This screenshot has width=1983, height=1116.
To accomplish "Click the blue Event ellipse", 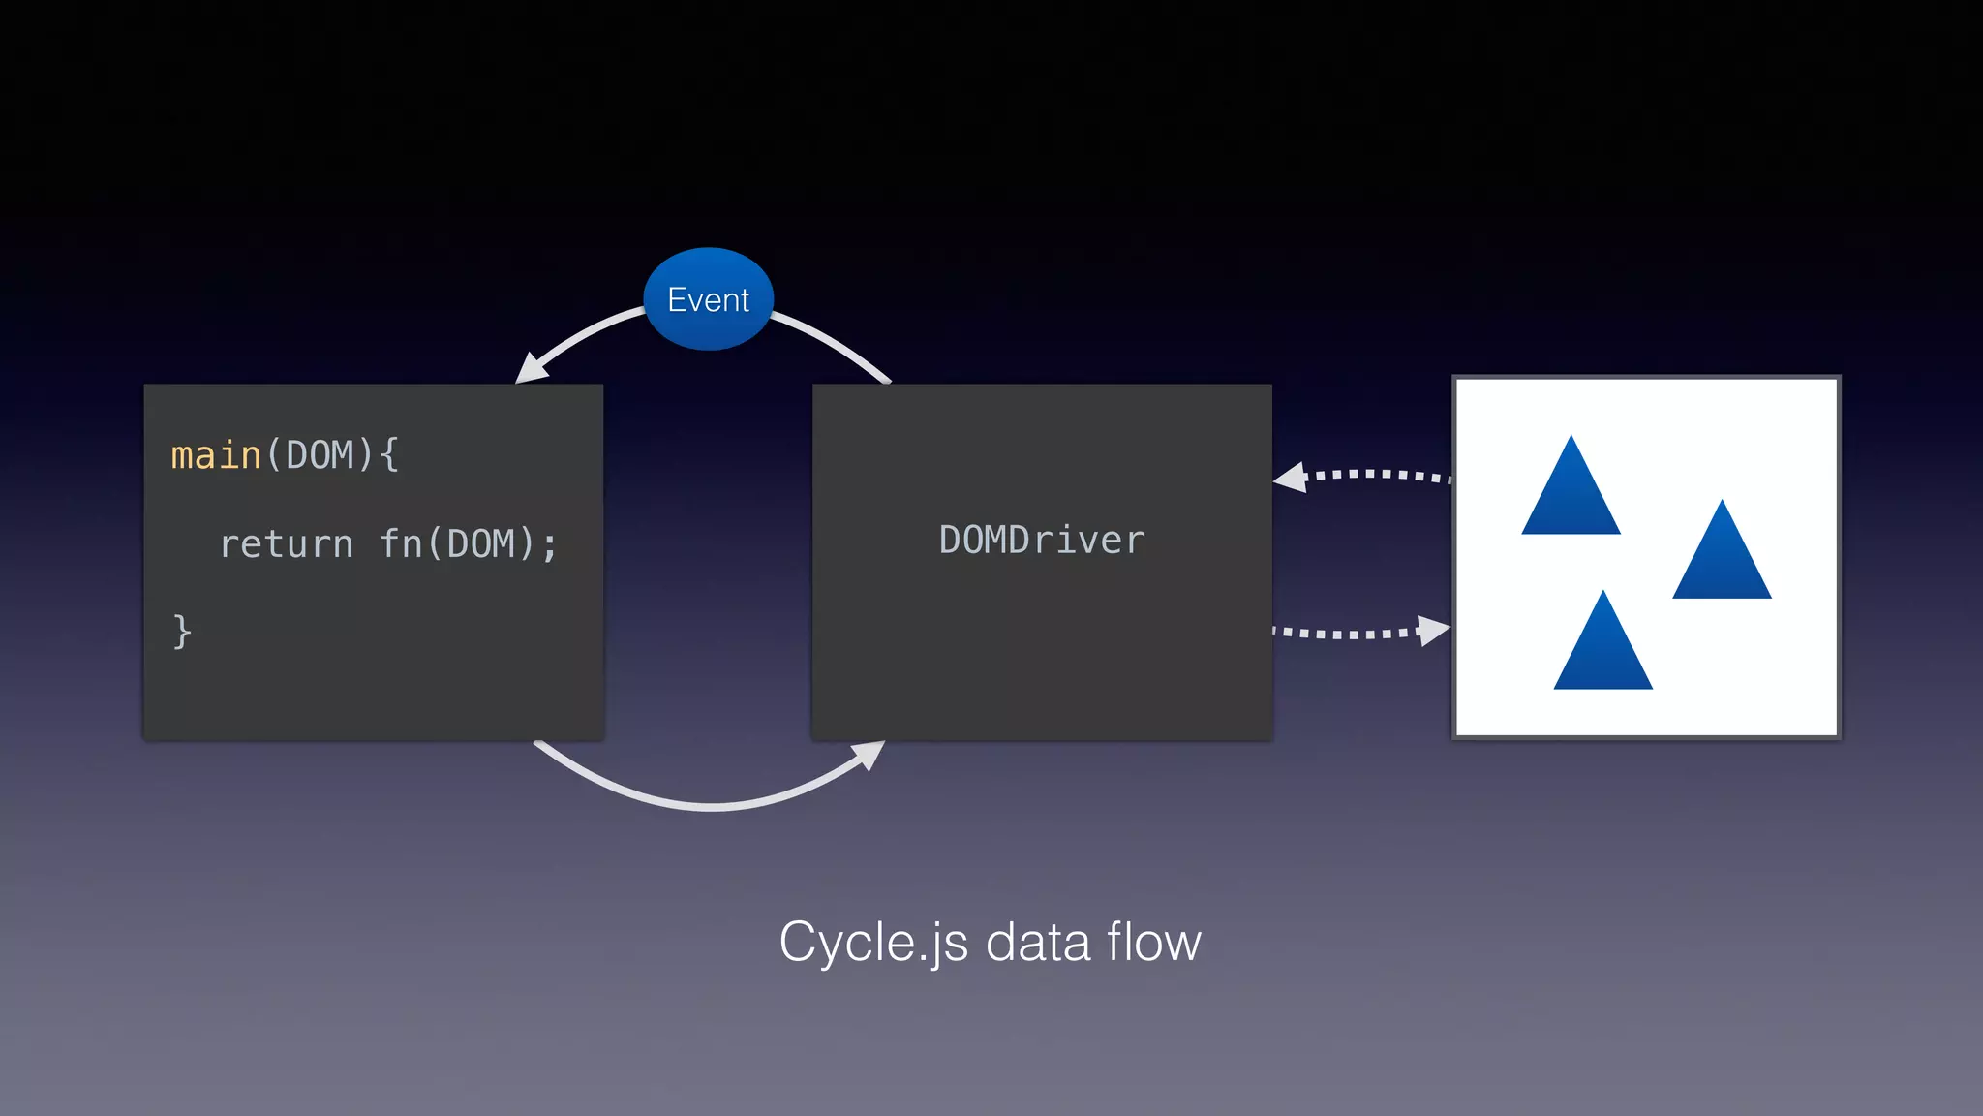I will click(x=708, y=298).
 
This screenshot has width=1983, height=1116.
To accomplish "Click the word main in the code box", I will click(x=216, y=455).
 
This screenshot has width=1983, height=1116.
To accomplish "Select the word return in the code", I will click(x=287, y=544).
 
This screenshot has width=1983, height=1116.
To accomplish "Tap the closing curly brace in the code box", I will click(x=182, y=632).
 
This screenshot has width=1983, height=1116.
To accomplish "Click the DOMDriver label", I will click(x=1042, y=540).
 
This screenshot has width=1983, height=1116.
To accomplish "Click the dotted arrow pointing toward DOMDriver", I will click(x=1375, y=474).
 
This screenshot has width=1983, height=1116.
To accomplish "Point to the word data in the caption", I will click(x=1037, y=942).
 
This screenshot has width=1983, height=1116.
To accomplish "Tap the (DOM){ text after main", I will click(x=332, y=455).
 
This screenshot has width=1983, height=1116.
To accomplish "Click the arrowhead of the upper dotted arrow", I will click(x=1292, y=478).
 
